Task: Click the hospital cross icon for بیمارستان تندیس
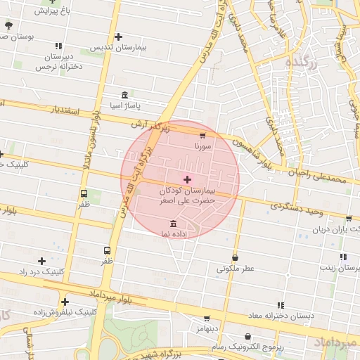pos(118,37)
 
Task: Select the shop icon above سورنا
pos(203,135)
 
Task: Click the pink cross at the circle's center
pos(186,179)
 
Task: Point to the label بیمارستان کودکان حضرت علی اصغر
pos(186,195)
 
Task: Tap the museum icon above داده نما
pos(174,223)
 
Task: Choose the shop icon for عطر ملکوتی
pos(234,257)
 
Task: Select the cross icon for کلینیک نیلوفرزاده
pos(65,301)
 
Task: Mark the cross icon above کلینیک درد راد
pos(42,261)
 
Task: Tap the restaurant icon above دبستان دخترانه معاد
pos(281,305)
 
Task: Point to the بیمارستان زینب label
pos(340,268)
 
